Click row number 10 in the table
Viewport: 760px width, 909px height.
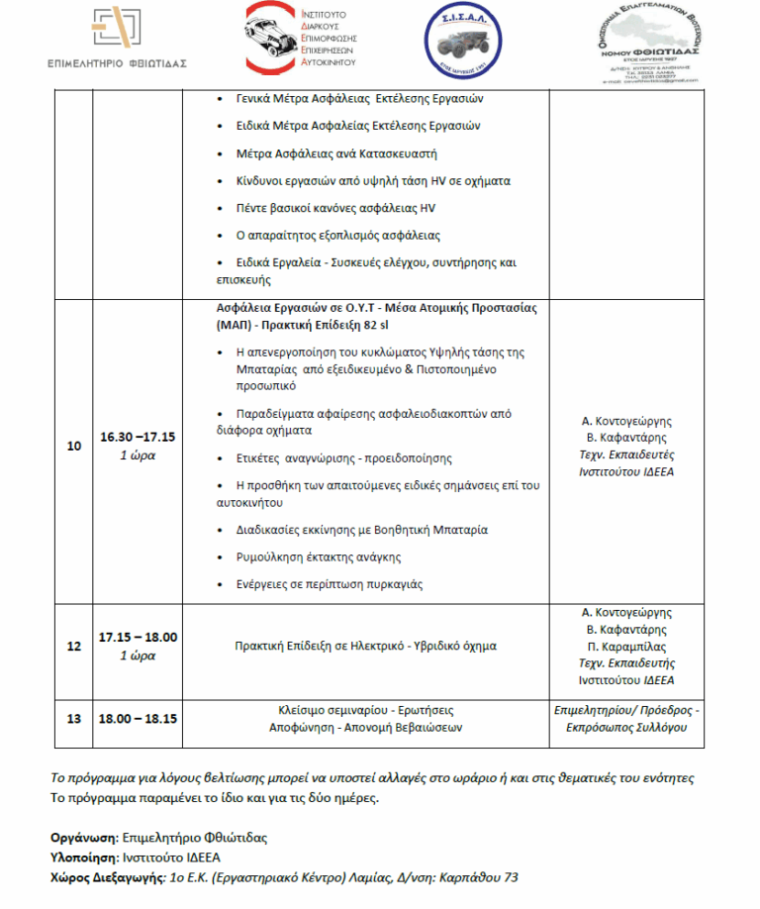(x=73, y=446)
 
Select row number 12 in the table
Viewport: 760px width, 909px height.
(x=73, y=646)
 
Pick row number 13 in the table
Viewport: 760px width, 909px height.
(x=73, y=718)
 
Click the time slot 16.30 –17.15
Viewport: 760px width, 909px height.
(x=138, y=437)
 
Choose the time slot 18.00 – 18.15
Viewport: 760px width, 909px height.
(x=138, y=718)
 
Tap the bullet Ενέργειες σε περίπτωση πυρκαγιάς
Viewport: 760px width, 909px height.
(x=330, y=584)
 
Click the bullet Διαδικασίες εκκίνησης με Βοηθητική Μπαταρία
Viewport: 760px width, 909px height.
(x=362, y=530)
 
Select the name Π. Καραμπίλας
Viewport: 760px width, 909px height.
(x=626, y=646)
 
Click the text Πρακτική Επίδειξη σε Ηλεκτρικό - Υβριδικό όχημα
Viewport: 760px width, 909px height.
(x=365, y=646)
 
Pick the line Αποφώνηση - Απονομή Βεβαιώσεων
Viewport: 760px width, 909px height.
(x=365, y=727)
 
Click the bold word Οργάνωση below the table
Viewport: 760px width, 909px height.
(x=83, y=838)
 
